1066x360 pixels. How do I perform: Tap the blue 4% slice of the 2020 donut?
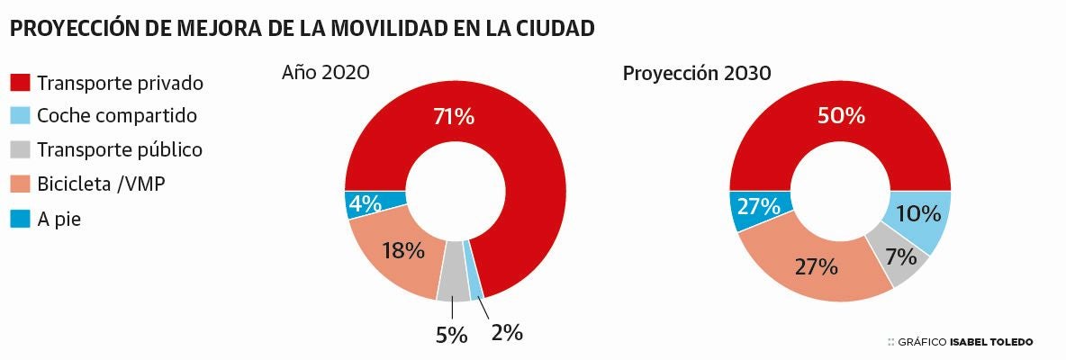[x=365, y=204]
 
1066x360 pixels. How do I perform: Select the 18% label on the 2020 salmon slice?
[x=402, y=250]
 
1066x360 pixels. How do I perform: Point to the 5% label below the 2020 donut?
[x=451, y=336]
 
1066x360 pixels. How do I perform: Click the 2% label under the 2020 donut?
[x=507, y=332]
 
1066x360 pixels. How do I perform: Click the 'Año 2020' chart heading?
[x=326, y=73]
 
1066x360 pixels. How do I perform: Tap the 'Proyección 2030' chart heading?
[x=696, y=73]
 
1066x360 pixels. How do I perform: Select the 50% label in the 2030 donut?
[x=841, y=115]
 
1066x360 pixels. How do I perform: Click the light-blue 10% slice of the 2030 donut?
[x=918, y=216]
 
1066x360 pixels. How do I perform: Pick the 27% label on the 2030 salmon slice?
[x=816, y=266]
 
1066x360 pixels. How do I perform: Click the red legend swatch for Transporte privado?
[x=20, y=83]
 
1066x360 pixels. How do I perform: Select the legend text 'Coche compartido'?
[x=117, y=116]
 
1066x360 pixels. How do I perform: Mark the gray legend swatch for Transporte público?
[x=20, y=149]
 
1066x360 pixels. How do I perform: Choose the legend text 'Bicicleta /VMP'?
[x=101, y=184]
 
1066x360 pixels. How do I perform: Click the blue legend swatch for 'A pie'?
[x=20, y=218]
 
